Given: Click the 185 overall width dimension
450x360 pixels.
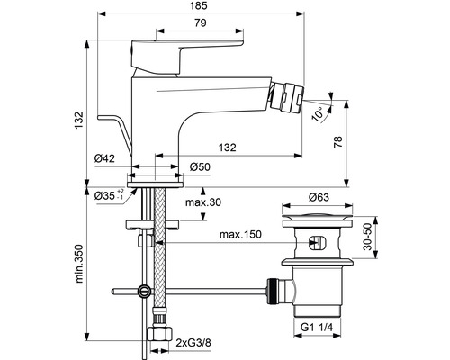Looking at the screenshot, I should [221, 7].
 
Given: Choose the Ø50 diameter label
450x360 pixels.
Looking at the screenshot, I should [202, 166].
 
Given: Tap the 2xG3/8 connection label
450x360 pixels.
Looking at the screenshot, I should [193, 343].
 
